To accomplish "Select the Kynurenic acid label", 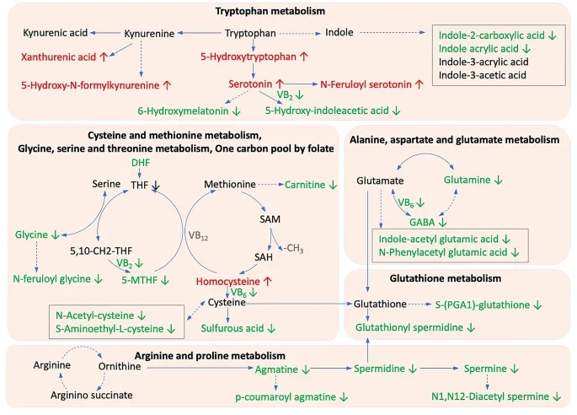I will [x=55, y=33].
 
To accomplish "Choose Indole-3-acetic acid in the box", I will [x=482, y=75].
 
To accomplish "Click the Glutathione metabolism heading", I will [x=458, y=278].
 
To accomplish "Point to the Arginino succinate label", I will [x=73, y=396].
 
